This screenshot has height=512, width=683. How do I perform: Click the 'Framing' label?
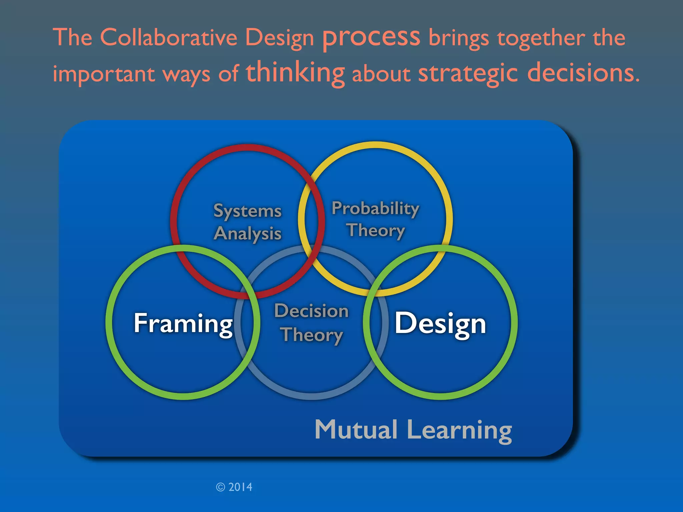point(183,324)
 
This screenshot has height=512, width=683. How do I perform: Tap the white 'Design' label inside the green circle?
point(440,324)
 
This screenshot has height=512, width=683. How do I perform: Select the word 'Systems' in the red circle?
point(247,211)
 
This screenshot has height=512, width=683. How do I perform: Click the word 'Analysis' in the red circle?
point(248,233)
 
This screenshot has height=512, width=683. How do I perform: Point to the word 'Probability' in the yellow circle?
point(375,209)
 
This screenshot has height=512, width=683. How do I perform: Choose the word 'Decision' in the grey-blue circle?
point(311,311)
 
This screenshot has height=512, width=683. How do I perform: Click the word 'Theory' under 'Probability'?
point(376,230)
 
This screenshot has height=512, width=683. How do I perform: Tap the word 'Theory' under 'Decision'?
point(311,335)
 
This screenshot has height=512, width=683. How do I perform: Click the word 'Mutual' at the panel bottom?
point(356,430)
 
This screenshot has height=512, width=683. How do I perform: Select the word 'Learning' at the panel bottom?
point(459,431)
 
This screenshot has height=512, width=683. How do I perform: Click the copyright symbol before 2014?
point(220,487)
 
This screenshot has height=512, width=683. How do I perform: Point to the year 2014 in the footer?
point(240,487)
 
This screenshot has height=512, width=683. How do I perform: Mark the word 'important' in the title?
point(104,74)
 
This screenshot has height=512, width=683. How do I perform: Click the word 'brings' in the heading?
point(459,38)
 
